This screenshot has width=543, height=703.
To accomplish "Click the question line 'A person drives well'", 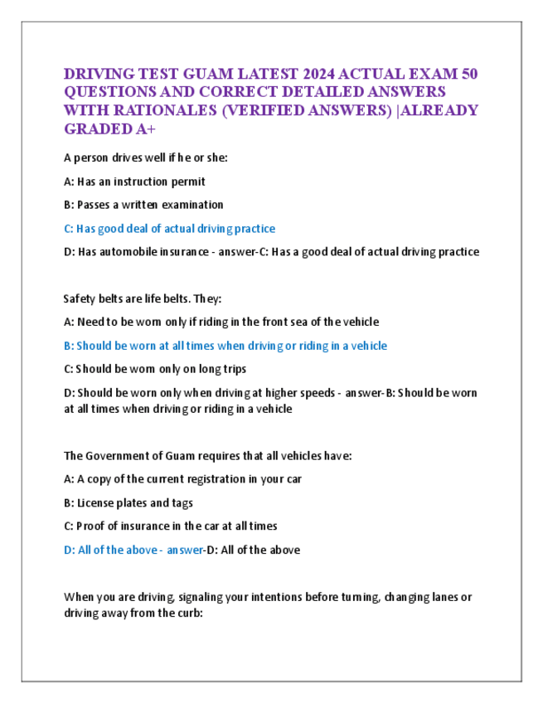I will [145, 157].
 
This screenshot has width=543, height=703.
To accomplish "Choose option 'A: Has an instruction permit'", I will [134, 181].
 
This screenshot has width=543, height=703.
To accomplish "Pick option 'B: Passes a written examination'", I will [143, 204].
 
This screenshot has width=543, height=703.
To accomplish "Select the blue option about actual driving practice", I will [169, 228].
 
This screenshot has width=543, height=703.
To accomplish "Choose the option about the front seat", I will [221, 322].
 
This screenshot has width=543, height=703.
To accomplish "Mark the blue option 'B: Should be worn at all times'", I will [225, 346].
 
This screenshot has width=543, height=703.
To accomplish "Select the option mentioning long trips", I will [154, 369].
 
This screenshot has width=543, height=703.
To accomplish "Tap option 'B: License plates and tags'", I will [128, 502].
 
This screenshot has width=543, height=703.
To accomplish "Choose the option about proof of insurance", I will [170, 526].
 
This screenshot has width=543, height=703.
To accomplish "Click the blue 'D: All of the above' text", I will [114, 550].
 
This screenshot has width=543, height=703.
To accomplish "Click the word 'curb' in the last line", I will [187, 613].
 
